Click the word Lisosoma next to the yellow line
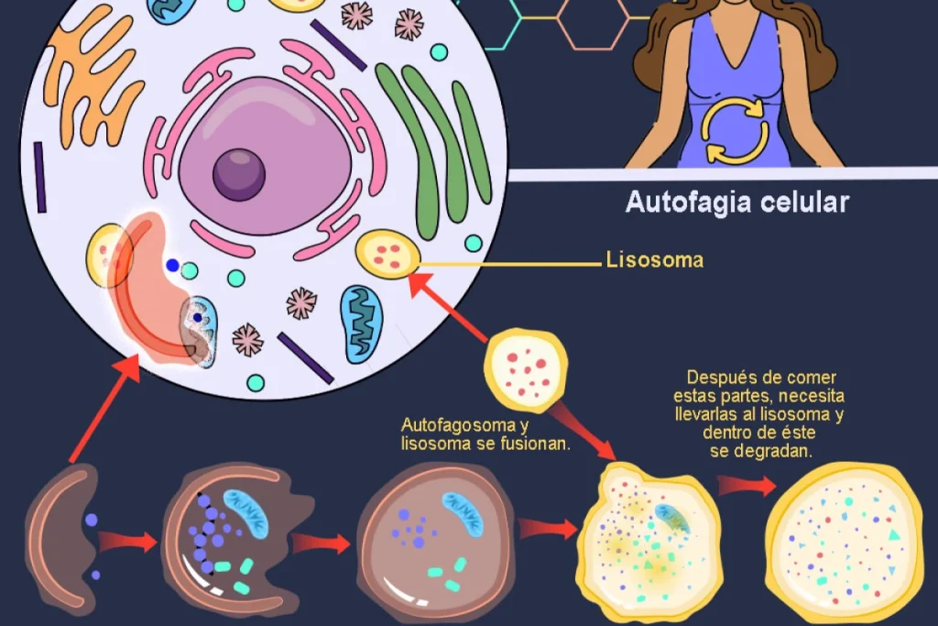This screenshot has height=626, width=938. pyautogui.click(x=654, y=259)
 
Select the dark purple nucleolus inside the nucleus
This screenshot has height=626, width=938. pyautogui.click(x=239, y=175)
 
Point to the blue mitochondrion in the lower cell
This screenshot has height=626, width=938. pyautogui.click(x=361, y=324)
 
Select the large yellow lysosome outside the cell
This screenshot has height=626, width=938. pyautogui.click(x=525, y=370)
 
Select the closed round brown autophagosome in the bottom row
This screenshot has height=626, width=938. pyautogui.click(x=435, y=543)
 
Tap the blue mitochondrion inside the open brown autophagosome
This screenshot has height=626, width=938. pyautogui.click(x=246, y=513)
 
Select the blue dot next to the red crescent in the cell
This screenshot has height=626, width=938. pyautogui.click(x=173, y=265)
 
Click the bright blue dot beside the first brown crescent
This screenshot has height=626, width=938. pyautogui.click(x=91, y=520)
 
